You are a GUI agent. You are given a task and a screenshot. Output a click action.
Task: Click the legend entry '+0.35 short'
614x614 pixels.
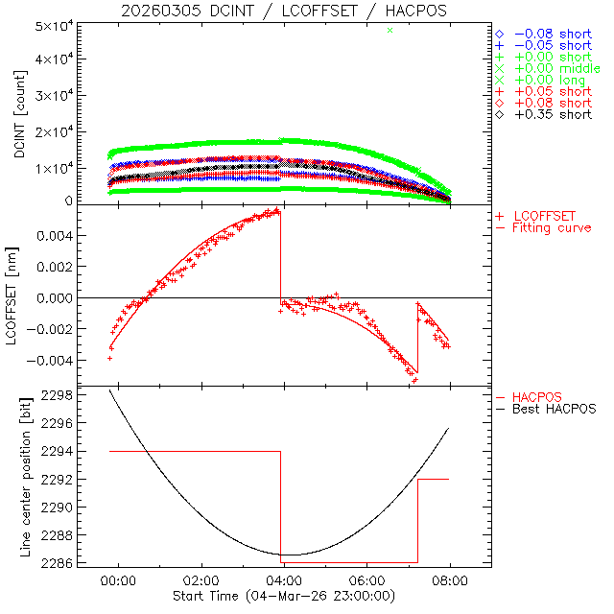553,114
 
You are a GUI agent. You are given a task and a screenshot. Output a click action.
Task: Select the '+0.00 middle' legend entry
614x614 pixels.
557,68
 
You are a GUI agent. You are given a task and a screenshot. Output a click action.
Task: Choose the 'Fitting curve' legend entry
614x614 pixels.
552,227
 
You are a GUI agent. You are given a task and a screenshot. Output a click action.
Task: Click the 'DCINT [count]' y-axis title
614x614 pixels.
18,112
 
